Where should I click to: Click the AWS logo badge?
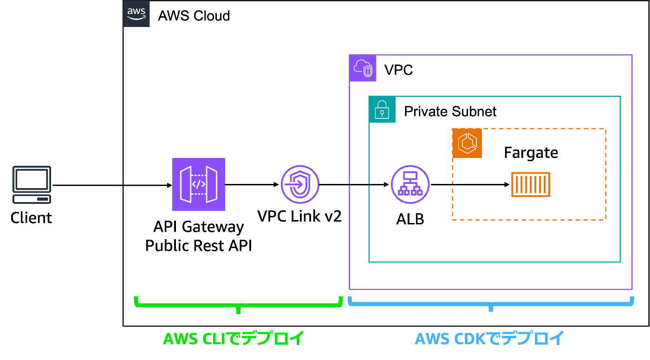(136, 14)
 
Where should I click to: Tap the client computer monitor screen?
(32, 178)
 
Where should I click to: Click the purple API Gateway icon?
(198, 184)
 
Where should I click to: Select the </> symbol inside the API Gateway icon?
(198, 184)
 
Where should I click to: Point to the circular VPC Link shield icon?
(300, 184)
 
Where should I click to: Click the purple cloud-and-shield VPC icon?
(363, 68)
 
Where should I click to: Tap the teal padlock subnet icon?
(382, 110)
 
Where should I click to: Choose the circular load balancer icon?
(410, 184)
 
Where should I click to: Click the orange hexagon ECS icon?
(467, 143)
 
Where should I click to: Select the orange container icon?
(531, 184)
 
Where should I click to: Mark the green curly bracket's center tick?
(238, 310)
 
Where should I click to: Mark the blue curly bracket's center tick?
(491, 309)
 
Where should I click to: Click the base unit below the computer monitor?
(32, 199)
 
